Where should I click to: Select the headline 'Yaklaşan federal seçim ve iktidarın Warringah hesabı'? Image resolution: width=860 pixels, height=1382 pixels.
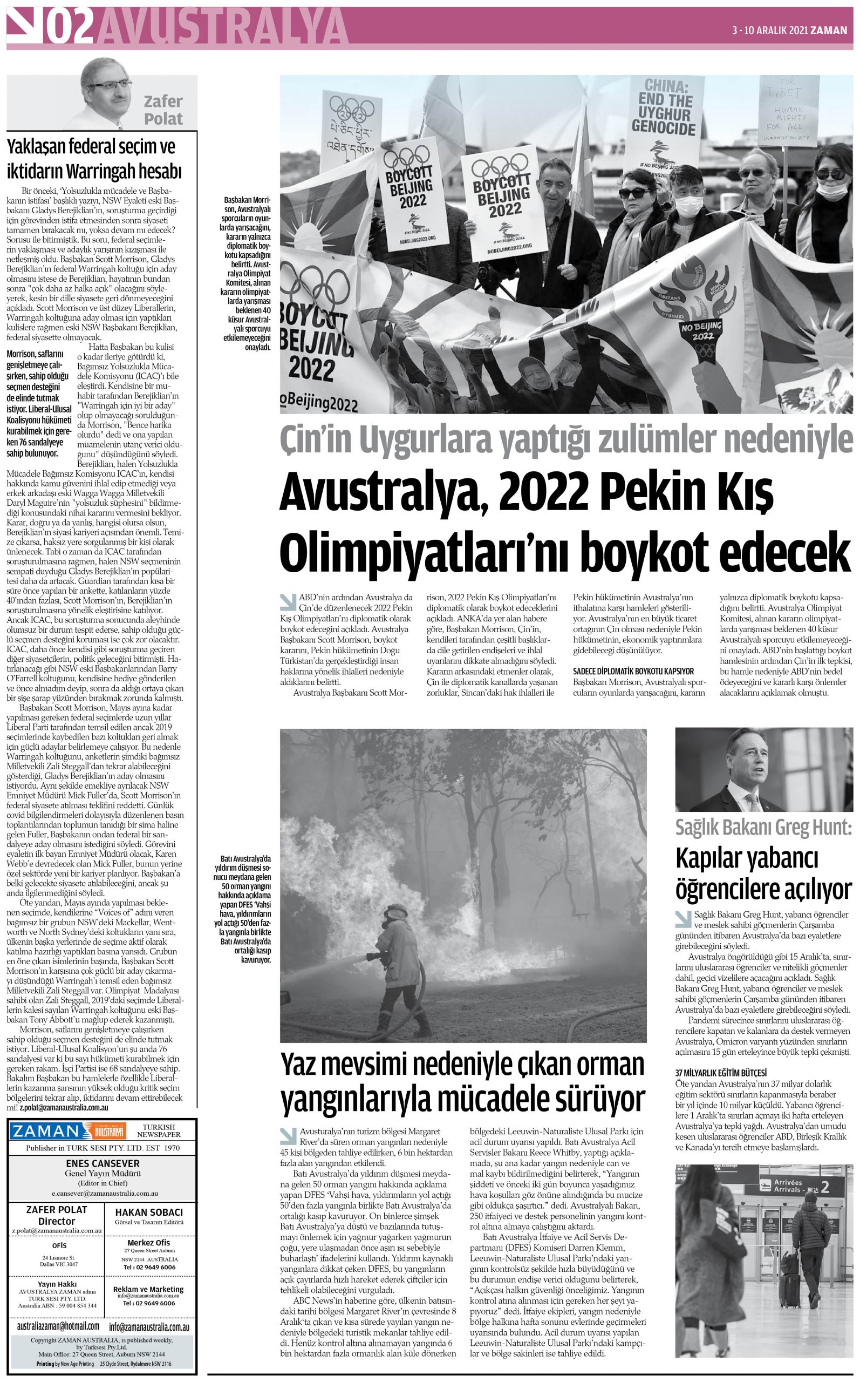pos(94,159)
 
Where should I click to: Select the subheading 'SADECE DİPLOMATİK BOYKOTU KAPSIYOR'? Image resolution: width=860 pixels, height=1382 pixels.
pos(633,672)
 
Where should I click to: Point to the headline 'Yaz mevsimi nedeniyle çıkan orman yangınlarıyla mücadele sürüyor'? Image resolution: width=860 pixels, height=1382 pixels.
pos(462,1080)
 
